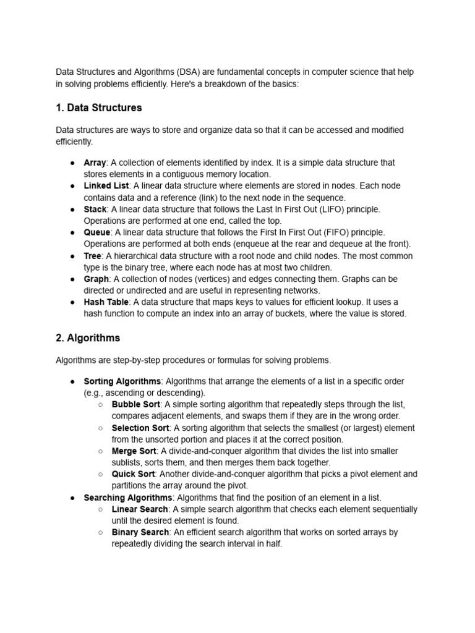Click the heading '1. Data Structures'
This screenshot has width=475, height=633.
click(98, 108)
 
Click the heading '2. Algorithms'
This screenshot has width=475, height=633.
click(88, 338)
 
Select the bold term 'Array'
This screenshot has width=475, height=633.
click(95, 163)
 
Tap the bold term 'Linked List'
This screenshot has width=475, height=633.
click(106, 185)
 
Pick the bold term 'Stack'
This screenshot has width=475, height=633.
click(95, 209)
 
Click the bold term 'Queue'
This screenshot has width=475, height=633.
click(97, 232)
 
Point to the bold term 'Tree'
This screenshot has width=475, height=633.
click(92, 256)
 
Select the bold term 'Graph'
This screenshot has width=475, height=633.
click(96, 279)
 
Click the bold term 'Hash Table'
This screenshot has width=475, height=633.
click(106, 302)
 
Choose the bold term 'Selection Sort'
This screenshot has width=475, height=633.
click(140, 428)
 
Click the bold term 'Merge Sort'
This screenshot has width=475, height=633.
click(134, 451)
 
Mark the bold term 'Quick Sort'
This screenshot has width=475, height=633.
click(133, 474)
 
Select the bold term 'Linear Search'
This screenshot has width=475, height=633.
click(140, 509)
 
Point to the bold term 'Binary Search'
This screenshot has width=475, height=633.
click(140, 532)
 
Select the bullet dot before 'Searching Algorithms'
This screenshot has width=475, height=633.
click(72, 498)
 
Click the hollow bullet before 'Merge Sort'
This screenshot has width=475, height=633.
click(100, 451)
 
